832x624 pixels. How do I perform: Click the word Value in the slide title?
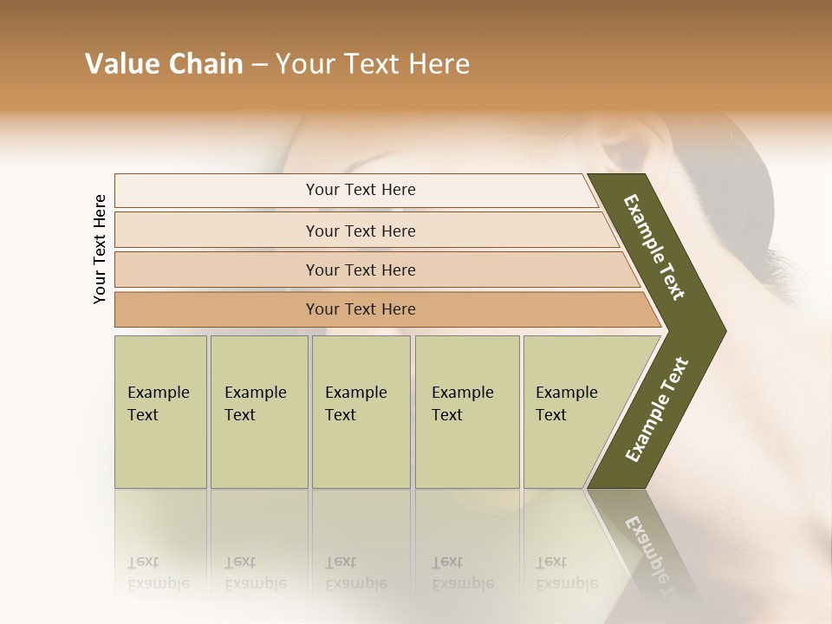pyautogui.click(x=120, y=64)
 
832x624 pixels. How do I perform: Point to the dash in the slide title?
pyautogui.click(x=259, y=64)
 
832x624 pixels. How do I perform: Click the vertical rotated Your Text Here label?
pyautogui.click(x=100, y=249)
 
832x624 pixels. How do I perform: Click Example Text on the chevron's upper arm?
pyautogui.click(x=654, y=247)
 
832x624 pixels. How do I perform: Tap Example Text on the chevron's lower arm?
pyautogui.click(x=657, y=409)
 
